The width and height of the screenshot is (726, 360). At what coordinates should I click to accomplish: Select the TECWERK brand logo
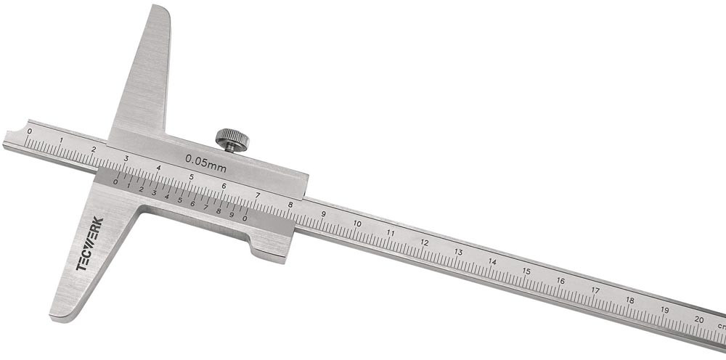(x=90, y=243)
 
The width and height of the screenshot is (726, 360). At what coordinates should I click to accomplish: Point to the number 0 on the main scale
(x=30, y=131)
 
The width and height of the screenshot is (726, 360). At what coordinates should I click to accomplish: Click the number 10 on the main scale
(x=357, y=224)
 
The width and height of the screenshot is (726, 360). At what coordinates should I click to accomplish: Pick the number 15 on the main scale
(x=526, y=271)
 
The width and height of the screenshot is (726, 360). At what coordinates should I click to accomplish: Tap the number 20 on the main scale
(x=699, y=319)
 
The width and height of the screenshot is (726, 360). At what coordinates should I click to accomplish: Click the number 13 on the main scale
(x=458, y=252)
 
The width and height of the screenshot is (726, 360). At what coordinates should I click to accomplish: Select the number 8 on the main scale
(x=290, y=205)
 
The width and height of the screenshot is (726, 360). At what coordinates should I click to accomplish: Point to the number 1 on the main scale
(x=62, y=140)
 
